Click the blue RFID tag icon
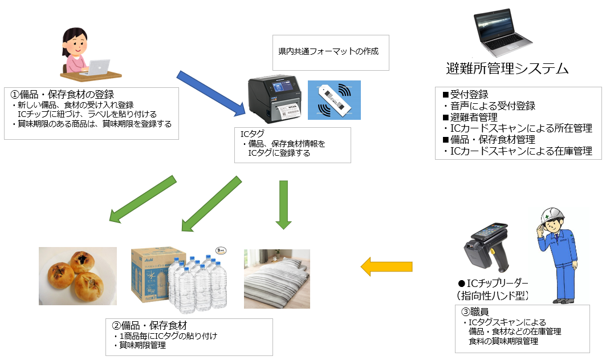pyautogui.click(x=334, y=100)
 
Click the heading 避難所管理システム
pyautogui.click(x=507, y=69)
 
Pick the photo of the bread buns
pyautogui.click(x=78, y=277)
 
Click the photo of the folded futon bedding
pyautogui.click(x=277, y=278)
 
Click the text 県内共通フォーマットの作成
pyautogui.click(x=328, y=52)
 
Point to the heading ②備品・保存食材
pyautogui.click(x=150, y=326)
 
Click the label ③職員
pyautogui.click(x=475, y=312)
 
